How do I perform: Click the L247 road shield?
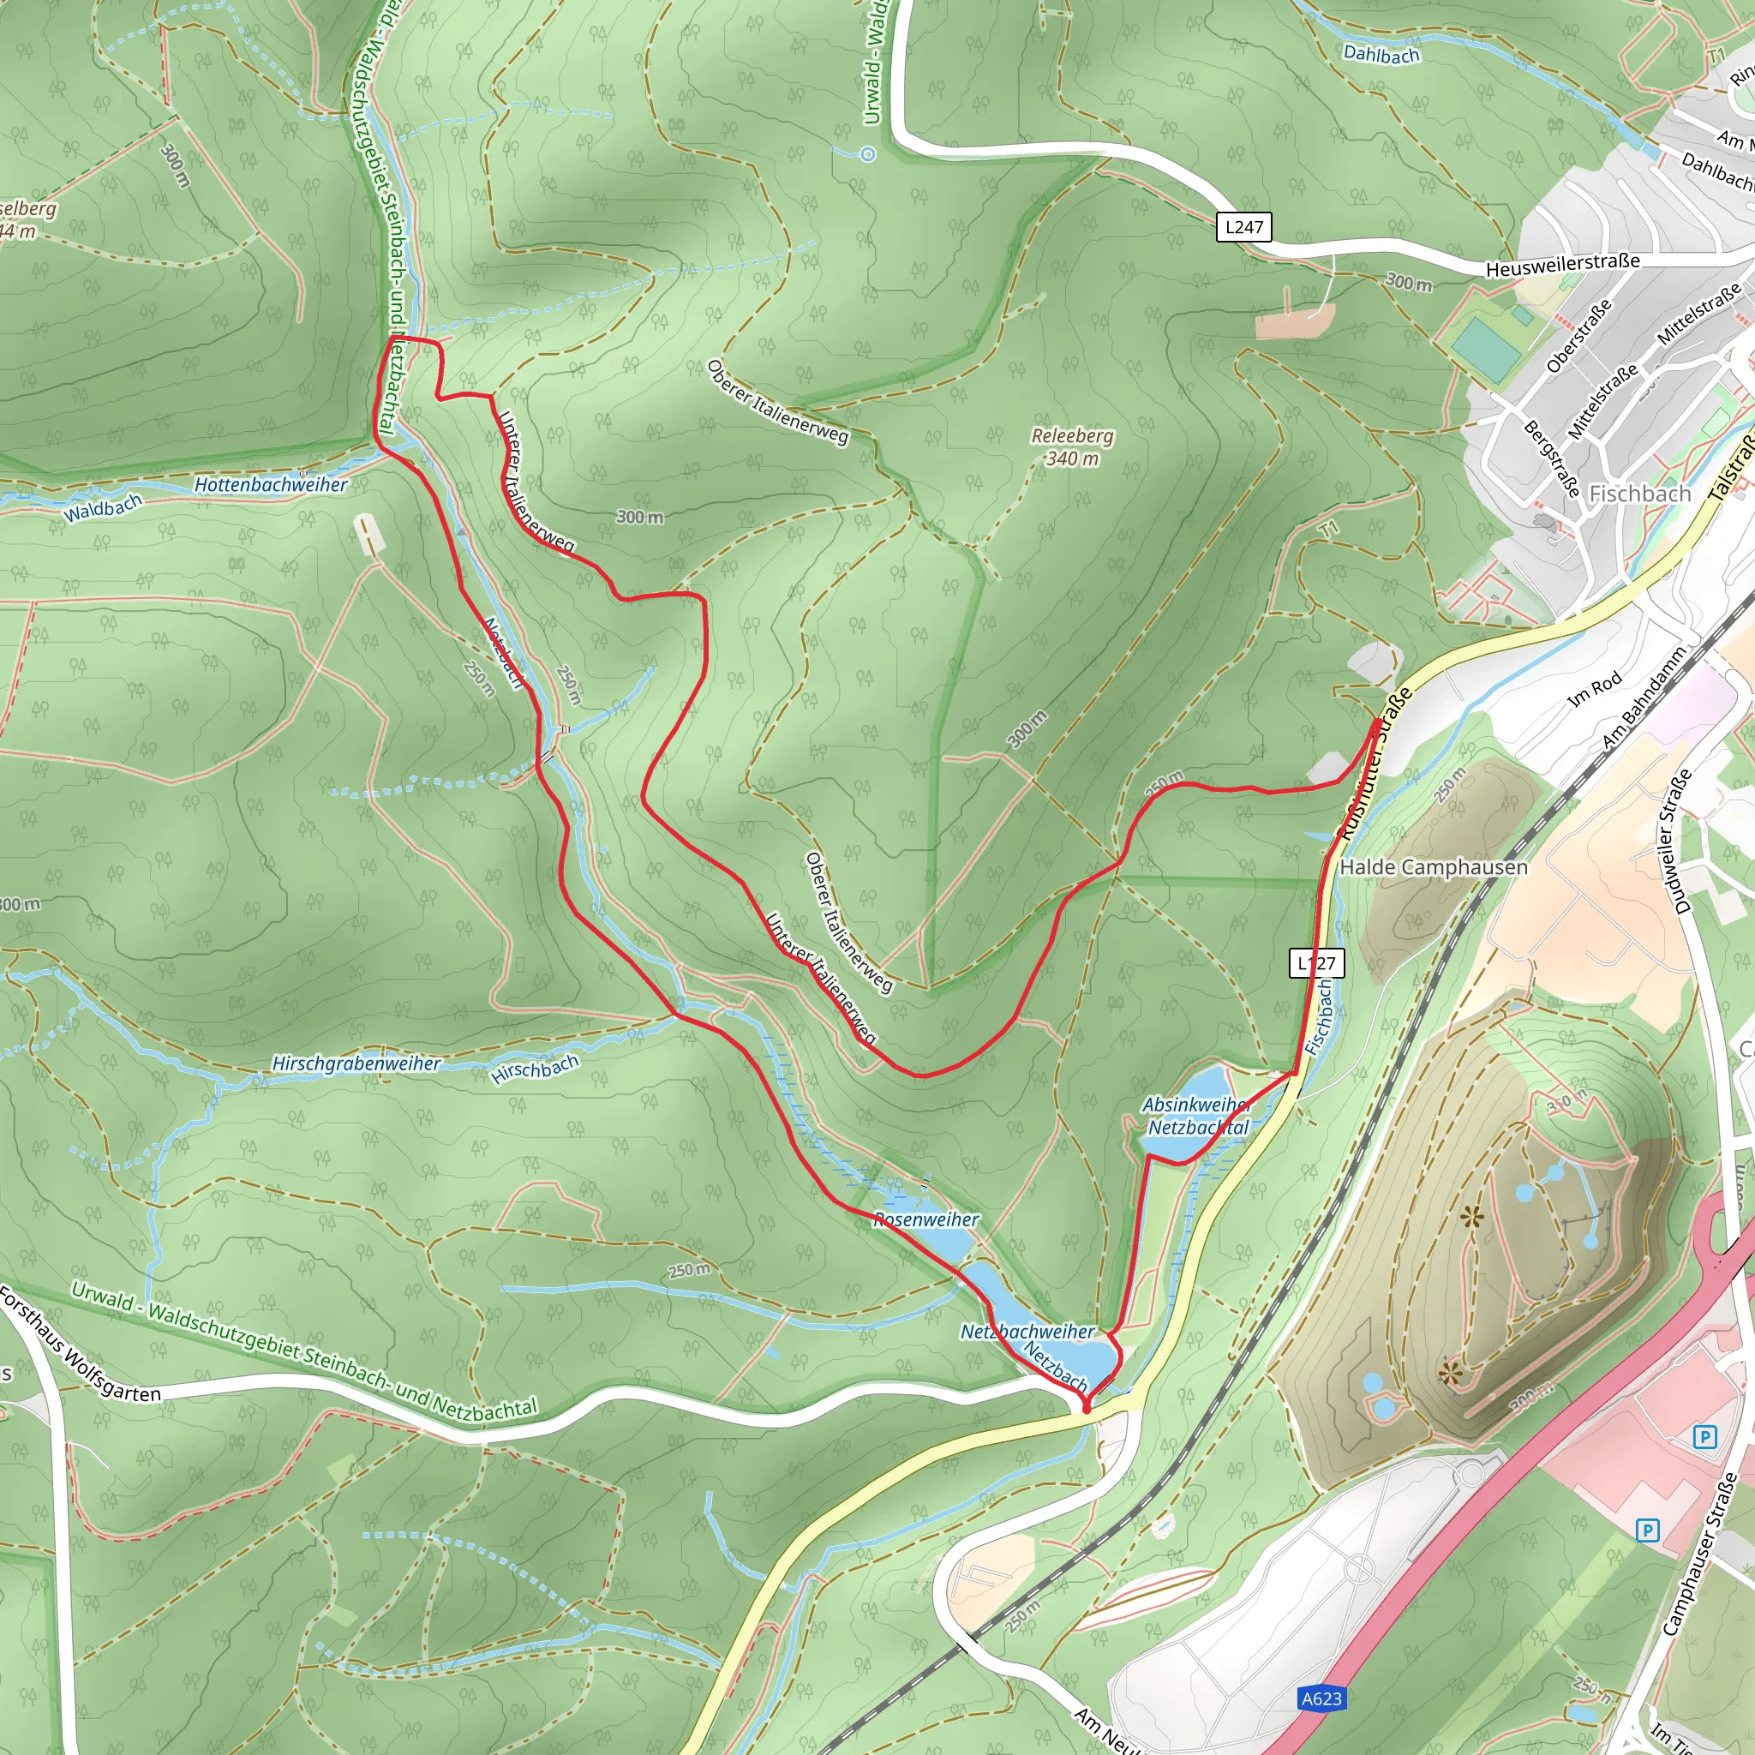[x=1243, y=227]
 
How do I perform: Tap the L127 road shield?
[x=1316, y=963]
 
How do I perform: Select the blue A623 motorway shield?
[x=1321, y=1698]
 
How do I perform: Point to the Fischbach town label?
[x=1639, y=494]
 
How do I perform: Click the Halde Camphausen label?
[x=1434, y=866]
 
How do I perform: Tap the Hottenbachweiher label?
[x=271, y=485]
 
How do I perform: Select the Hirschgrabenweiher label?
[x=356, y=1063]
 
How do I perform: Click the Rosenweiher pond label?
[x=925, y=1220]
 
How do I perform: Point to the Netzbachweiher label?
[x=1027, y=1332]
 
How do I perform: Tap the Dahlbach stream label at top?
[x=1381, y=55]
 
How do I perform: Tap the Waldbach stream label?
[x=103, y=509]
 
